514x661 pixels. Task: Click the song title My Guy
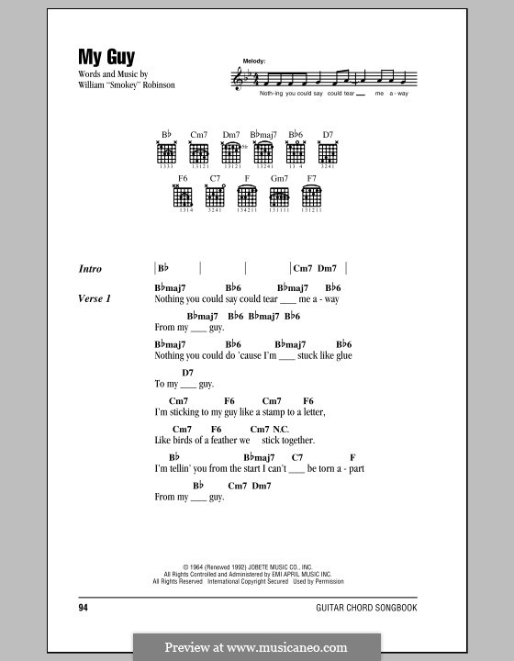(x=109, y=56)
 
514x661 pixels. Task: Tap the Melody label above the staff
(x=254, y=61)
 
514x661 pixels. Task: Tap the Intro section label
(x=91, y=269)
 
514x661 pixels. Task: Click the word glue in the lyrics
(x=341, y=355)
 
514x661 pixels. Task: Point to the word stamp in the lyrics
(x=275, y=412)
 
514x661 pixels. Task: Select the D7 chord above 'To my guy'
(x=187, y=373)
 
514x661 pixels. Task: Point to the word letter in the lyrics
(x=309, y=412)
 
